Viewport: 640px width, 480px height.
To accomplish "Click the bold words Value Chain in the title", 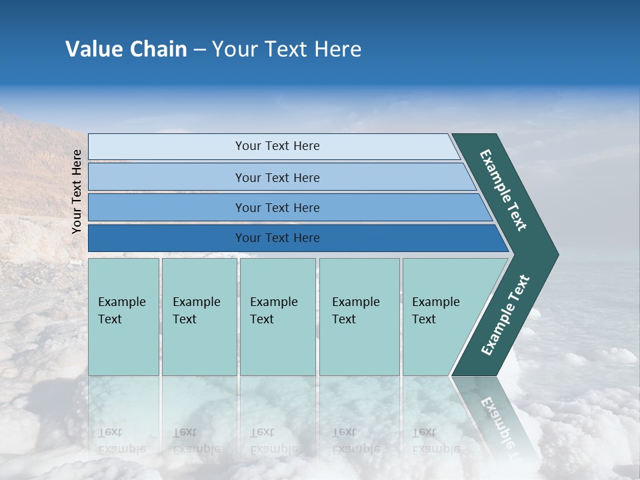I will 126,49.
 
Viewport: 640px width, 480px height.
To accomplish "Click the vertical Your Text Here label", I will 77,191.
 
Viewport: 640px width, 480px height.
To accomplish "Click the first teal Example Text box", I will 123,317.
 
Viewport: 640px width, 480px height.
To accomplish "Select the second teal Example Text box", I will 199,317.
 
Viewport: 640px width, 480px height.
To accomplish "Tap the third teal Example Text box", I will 277,317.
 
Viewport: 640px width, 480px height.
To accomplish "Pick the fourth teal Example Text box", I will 359,317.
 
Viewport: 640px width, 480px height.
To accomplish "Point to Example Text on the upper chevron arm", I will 503,190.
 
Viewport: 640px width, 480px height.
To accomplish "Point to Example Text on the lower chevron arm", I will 505,315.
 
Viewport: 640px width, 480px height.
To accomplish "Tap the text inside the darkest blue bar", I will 277,238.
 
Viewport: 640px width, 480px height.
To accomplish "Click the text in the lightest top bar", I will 277,146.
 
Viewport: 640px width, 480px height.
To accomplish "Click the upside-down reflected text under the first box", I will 121,441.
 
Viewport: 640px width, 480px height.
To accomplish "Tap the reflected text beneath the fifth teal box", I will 435,441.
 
